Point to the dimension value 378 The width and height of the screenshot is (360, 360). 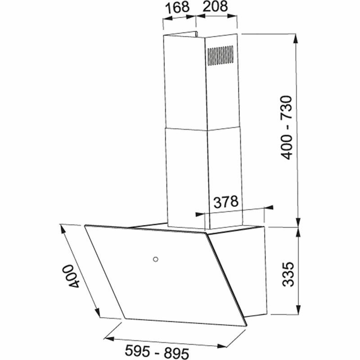[x=225, y=202]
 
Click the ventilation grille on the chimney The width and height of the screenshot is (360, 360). [x=220, y=55]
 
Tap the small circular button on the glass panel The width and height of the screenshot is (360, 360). [x=155, y=259]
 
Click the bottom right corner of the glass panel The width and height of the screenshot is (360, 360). [x=246, y=325]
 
